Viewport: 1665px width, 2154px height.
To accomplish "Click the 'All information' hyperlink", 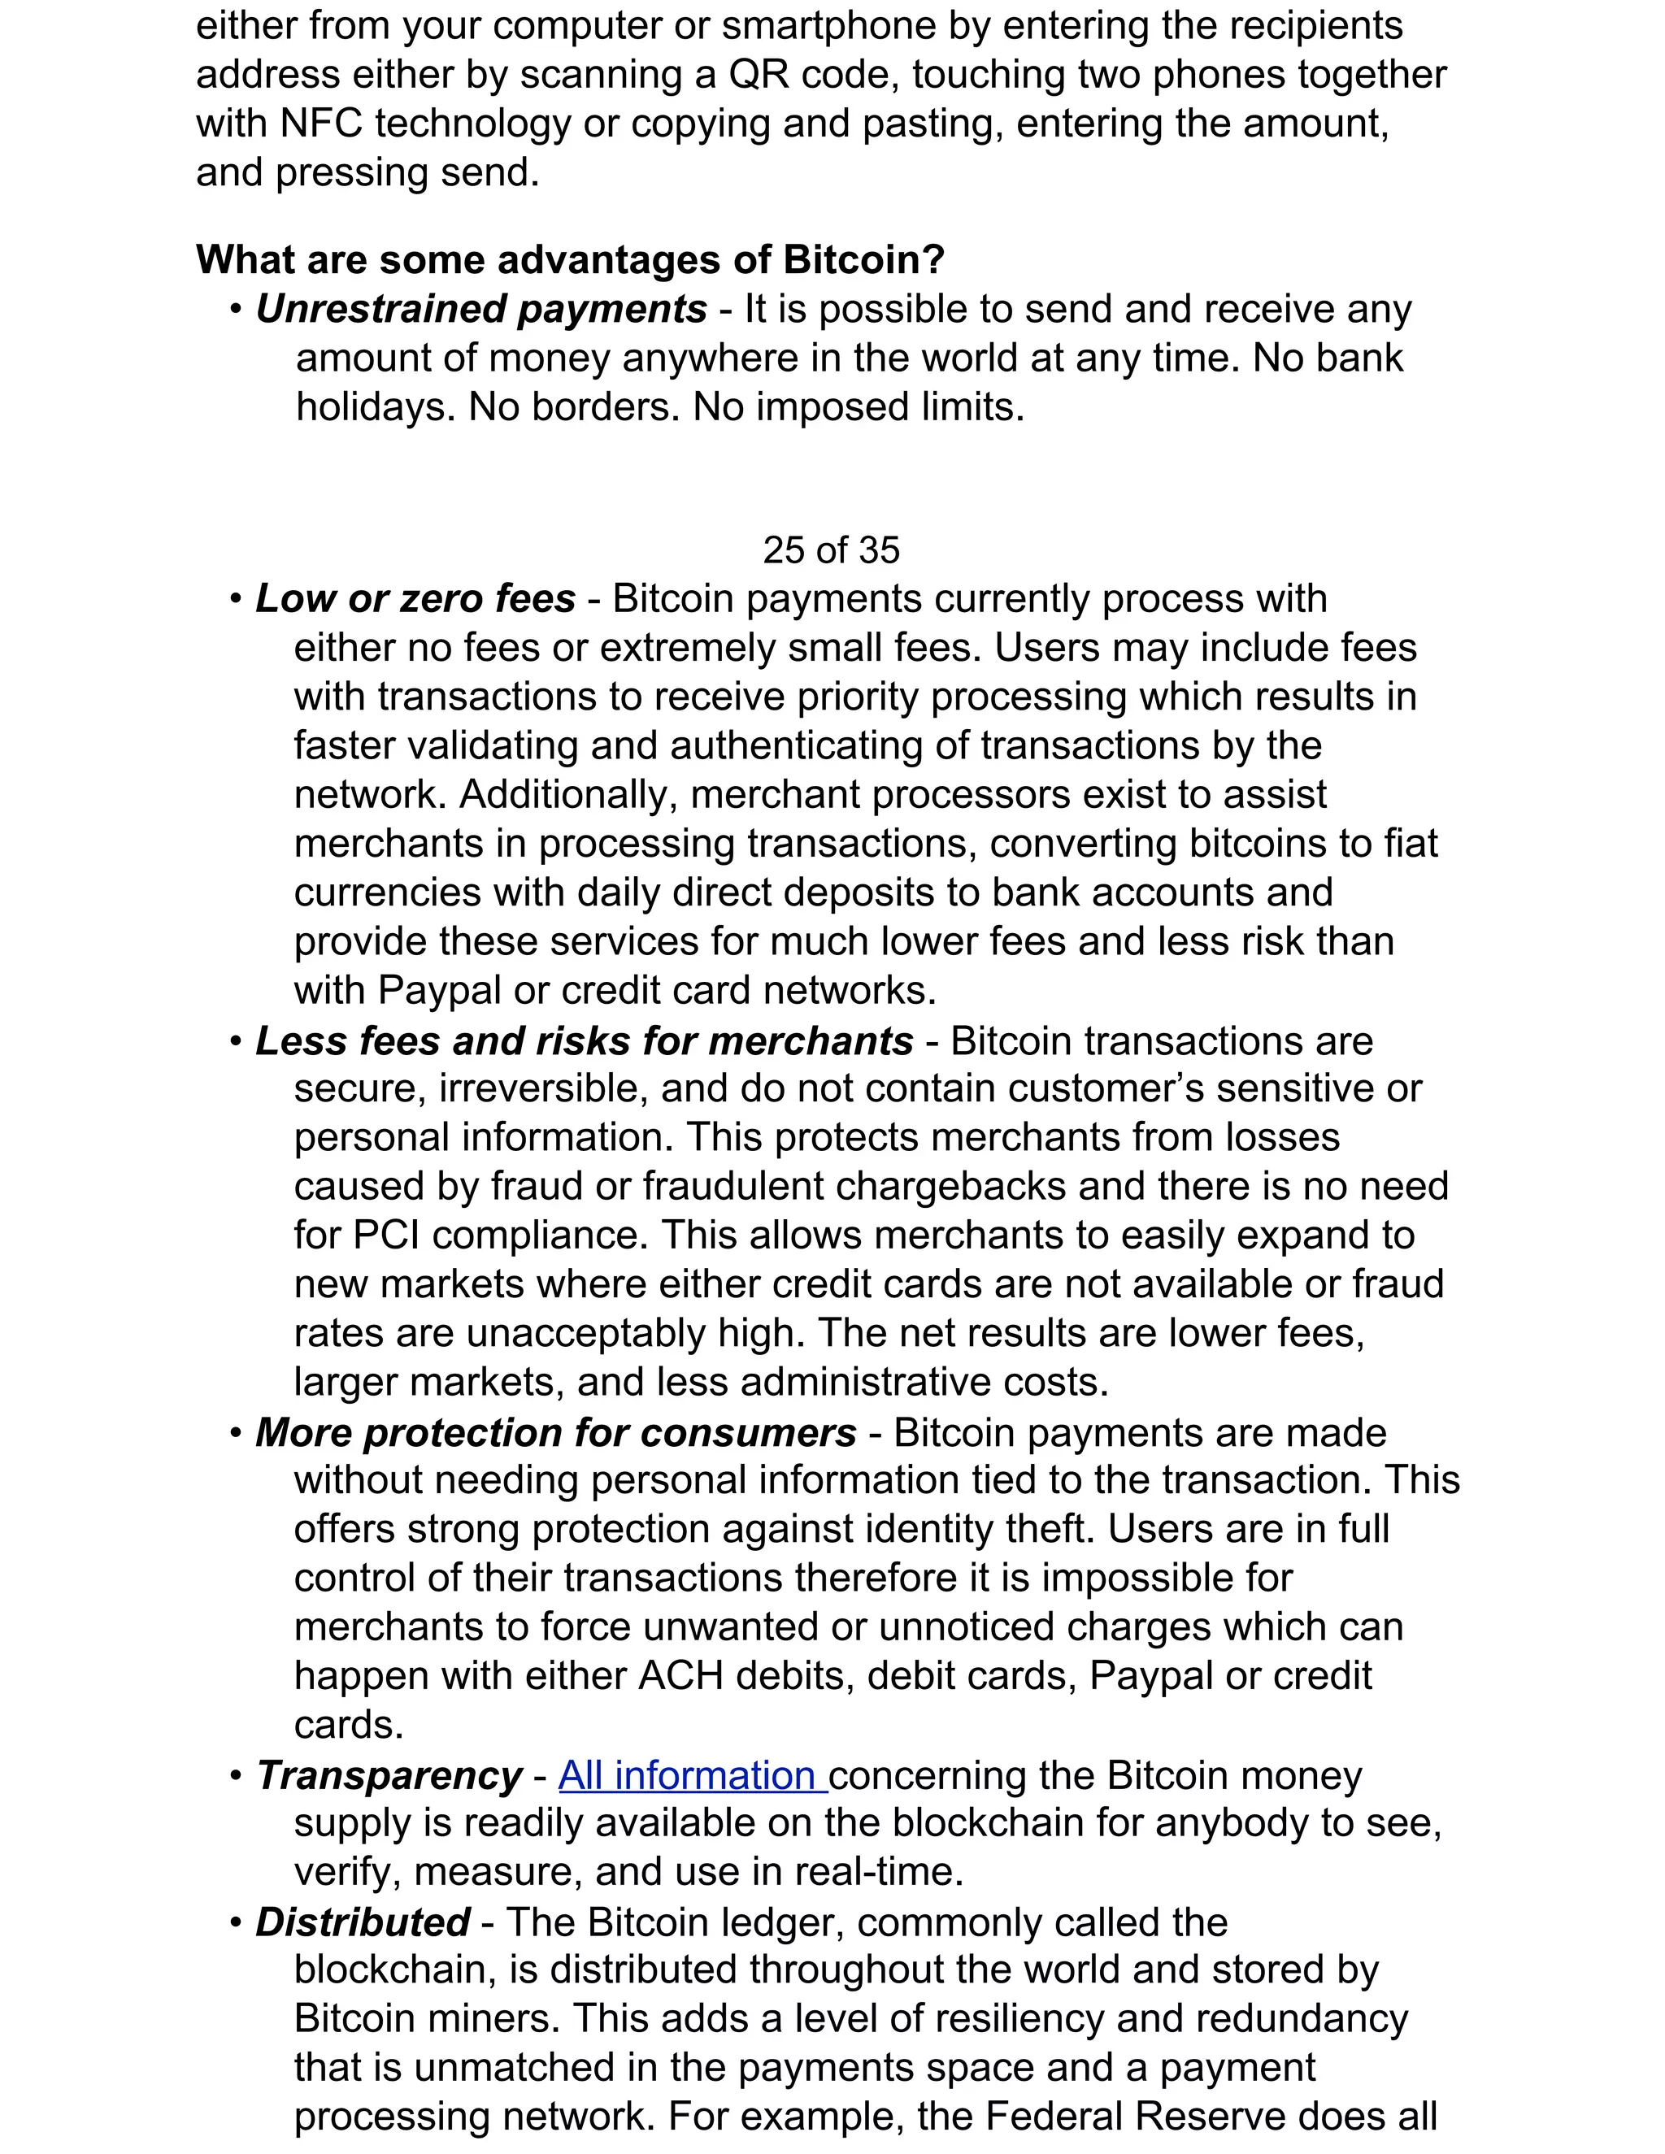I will tap(692, 1775).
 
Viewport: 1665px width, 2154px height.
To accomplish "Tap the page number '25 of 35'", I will tap(831, 550).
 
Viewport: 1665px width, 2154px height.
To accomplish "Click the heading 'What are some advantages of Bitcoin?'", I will tap(570, 260).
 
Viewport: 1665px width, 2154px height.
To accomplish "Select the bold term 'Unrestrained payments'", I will tap(481, 310).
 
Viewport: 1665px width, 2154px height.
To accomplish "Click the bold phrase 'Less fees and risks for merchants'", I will tap(584, 1041).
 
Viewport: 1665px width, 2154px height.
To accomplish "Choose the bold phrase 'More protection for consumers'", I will tap(555, 1433).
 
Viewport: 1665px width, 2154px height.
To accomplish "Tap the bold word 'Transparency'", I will tap(389, 1775).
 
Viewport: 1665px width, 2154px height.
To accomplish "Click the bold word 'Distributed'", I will tap(362, 1922).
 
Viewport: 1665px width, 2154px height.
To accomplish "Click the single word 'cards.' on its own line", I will tap(349, 1725).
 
